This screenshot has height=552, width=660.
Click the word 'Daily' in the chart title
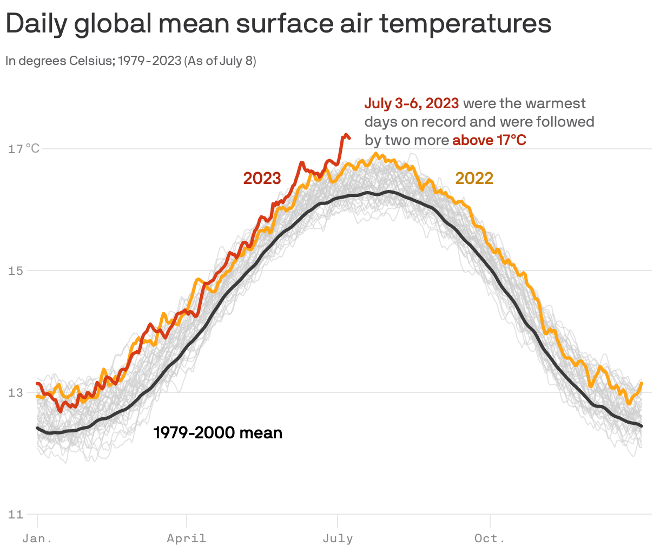coord(36,24)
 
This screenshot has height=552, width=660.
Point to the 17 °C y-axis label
coord(24,148)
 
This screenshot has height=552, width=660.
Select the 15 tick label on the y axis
coord(16,271)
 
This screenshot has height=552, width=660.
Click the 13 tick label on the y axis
coord(16,392)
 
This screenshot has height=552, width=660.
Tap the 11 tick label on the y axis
coord(16,514)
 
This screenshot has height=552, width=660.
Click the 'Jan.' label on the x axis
coord(37,538)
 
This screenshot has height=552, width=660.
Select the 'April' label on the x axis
coord(187,538)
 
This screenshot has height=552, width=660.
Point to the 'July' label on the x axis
coord(338,538)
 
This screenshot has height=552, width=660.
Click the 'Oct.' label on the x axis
coord(490,538)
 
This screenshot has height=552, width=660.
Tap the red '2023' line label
coord(262,178)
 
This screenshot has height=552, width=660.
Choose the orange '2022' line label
coord(474,178)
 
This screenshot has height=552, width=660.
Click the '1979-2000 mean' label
coord(218,433)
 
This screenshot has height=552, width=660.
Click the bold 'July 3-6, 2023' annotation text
coord(412,103)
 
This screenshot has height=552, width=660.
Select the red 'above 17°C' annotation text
coord(489,140)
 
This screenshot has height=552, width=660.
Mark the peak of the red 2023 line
coord(345,135)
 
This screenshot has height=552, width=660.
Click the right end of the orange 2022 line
coord(642,383)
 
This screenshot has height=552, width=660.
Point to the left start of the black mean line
coord(37,428)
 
